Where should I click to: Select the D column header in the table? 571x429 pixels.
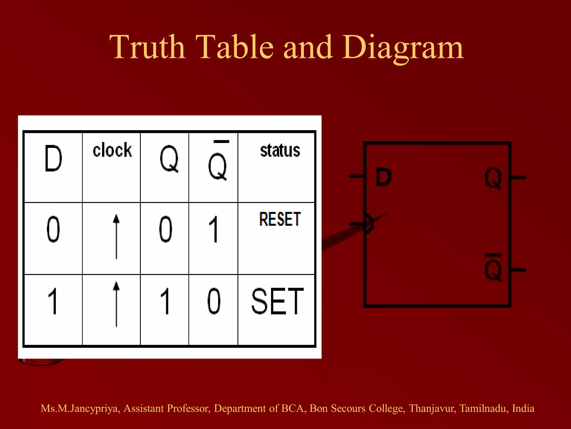click(53, 158)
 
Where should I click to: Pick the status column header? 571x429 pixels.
click(280, 151)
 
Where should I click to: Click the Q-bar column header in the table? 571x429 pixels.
click(218, 163)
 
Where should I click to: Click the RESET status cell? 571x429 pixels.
click(280, 219)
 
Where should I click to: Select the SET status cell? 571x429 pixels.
click(277, 302)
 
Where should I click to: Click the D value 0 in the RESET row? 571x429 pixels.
click(53, 229)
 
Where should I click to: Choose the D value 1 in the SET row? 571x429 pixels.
click(53, 302)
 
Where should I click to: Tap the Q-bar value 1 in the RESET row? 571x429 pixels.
click(214, 229)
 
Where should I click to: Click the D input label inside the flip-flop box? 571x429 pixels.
click(384, 177)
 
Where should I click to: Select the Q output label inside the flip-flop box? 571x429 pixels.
click(493, 178)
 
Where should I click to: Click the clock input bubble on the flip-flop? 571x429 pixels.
click(369, 224)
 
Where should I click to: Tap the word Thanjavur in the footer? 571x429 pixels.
click(432, 409)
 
